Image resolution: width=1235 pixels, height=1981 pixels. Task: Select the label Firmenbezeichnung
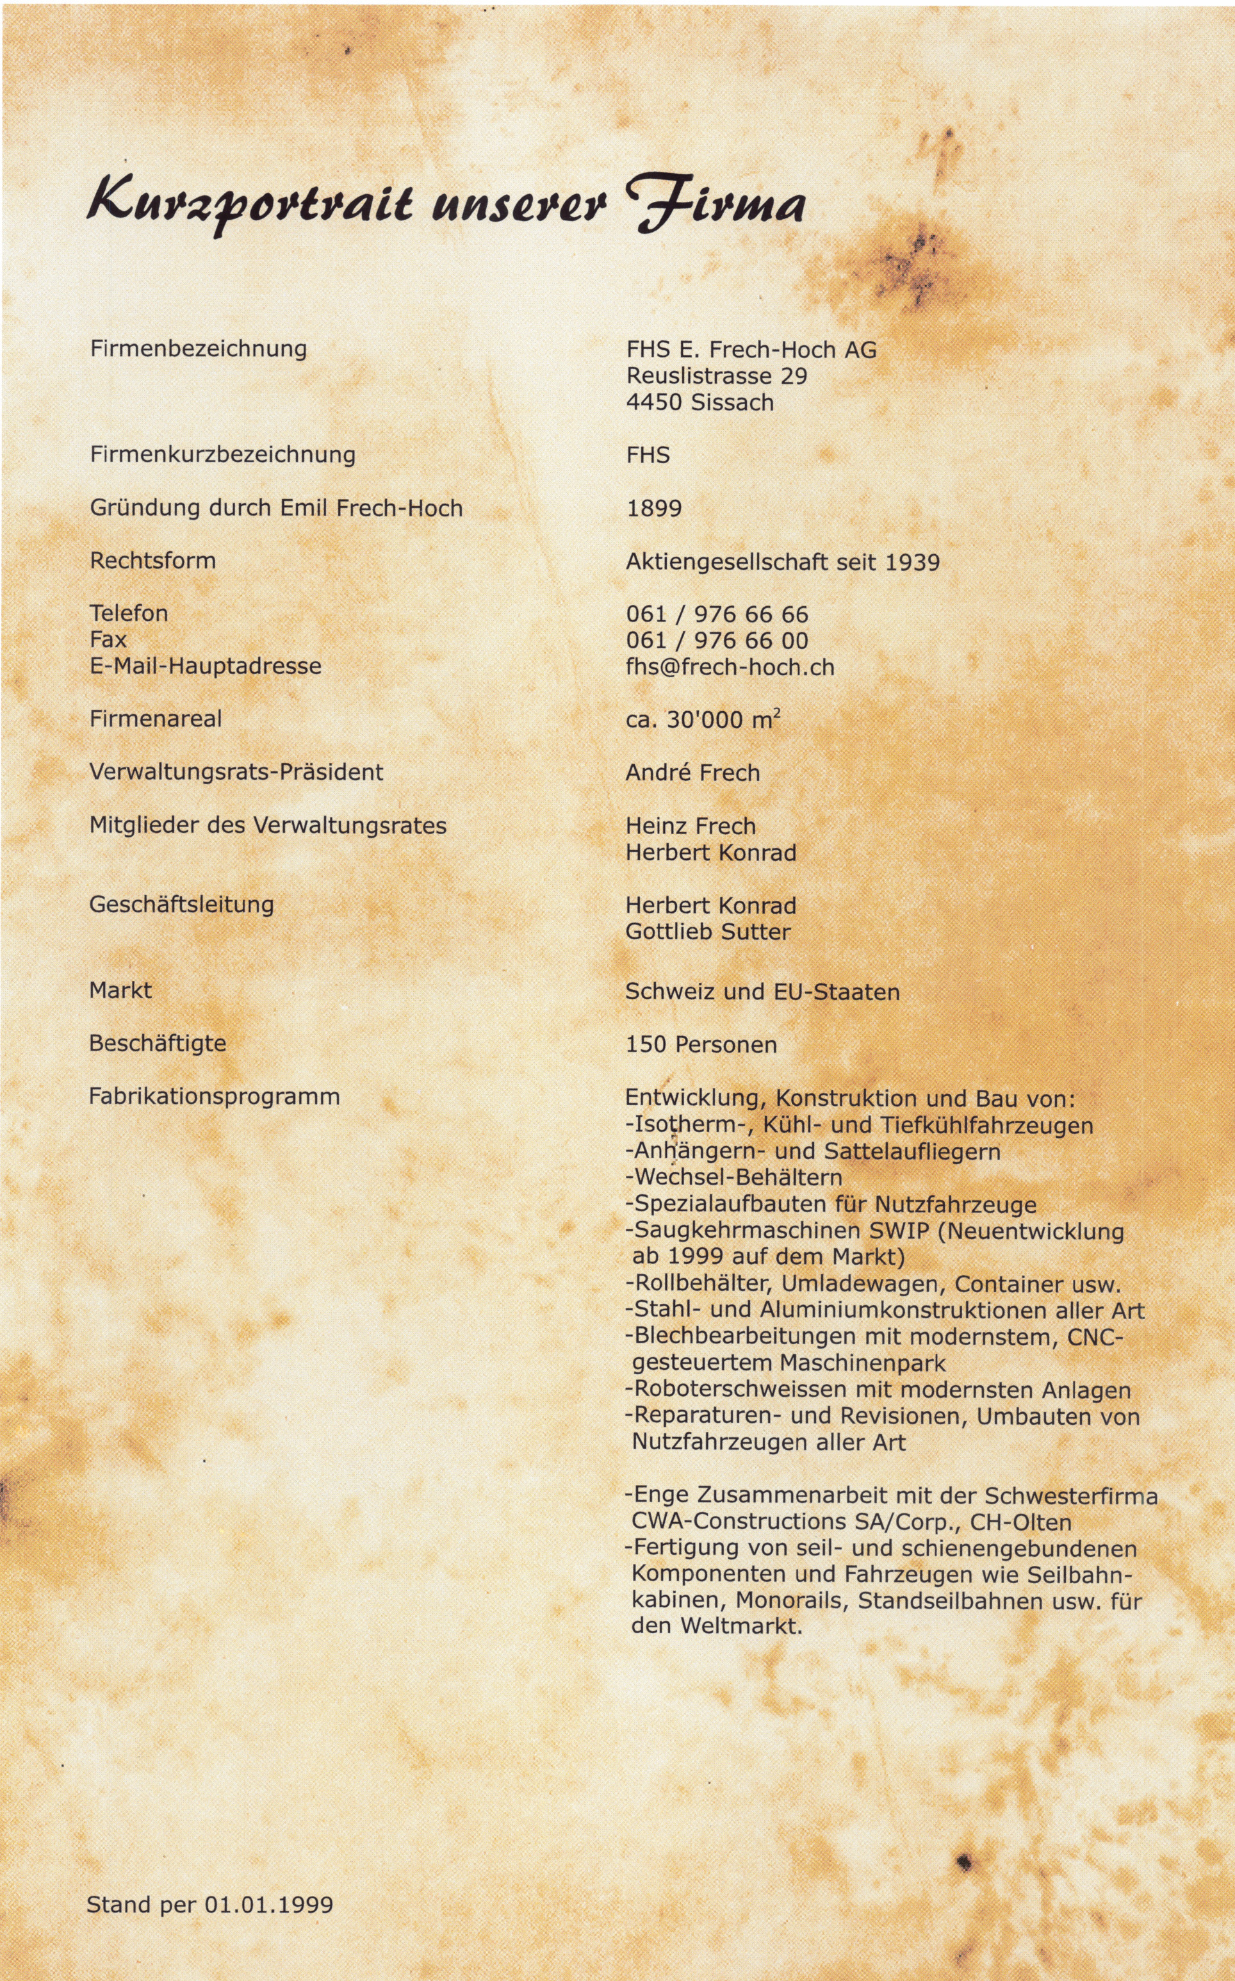(199, 349)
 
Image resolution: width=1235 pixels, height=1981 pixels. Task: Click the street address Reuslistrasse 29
(716, 376)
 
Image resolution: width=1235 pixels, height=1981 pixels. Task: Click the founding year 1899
(653, 508)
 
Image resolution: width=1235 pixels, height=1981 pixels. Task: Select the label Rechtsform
(152, 561)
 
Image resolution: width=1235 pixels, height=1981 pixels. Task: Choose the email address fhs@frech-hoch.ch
(730, 668)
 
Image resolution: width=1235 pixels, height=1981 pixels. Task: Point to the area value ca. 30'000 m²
(703, 719)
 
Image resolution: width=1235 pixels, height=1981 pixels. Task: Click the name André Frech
(692, 773)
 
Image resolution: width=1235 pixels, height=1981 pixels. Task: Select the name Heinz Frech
(690, 826)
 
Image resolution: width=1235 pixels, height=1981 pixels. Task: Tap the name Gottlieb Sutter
(707, 932)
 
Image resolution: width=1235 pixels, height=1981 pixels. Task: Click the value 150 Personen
(701, 1045)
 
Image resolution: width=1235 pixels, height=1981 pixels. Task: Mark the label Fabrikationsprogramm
(214, 1096)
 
